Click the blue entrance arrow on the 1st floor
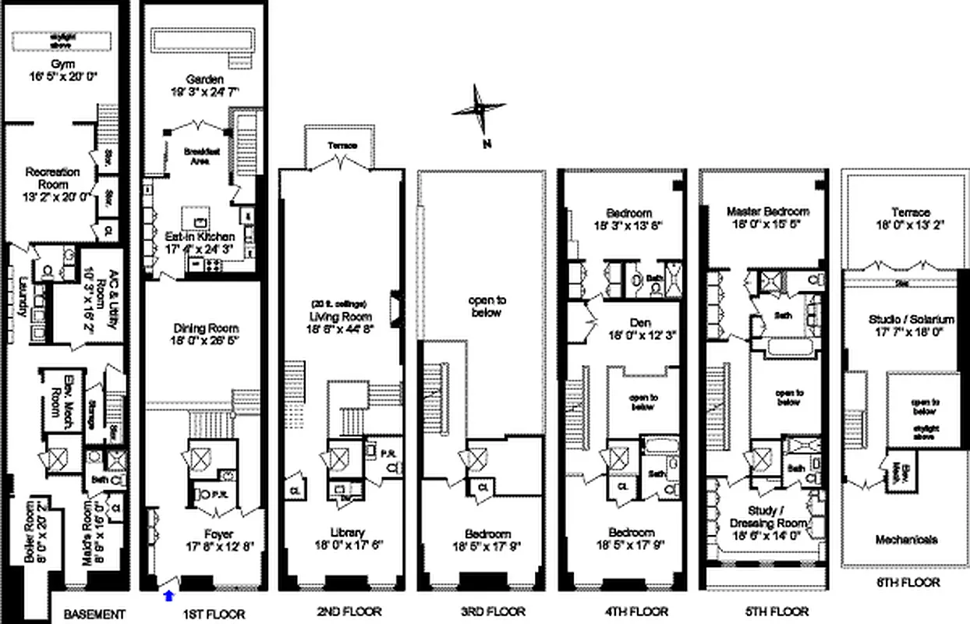point(169,596)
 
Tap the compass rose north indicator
point(478,110)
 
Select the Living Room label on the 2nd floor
point(340,316)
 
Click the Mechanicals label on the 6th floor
point(905,540)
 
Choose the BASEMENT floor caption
point(94,613)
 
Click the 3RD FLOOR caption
point(480,612)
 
